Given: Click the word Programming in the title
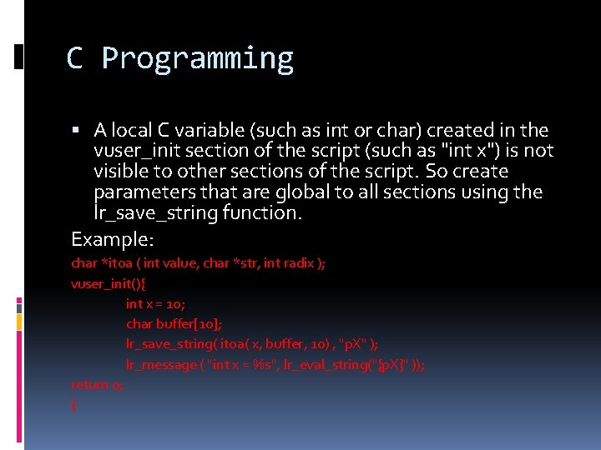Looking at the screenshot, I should pyautogui.click(x=197, y=59).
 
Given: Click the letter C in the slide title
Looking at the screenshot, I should pyautogui.click(x=75, y=58).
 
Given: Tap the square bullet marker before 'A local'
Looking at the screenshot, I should pyautogui.click(x=77, y=131).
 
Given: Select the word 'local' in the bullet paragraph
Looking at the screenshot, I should pyautogui.click(x=131, y=130).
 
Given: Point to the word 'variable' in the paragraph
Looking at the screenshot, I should pyautogui.click(x=210, y=130).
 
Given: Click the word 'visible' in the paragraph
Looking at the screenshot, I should pyautogui.click(x=122, y=172).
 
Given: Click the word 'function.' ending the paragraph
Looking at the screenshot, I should pyautogui.click(x=261, y=213).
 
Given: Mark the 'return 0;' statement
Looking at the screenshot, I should pyautogui.click(x=98, y=385).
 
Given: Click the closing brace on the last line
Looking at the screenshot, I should pyautogui.click(x=74, y=406).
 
